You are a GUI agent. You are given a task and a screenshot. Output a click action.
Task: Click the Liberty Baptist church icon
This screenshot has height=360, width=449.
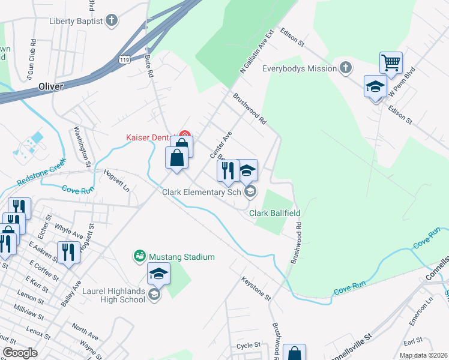[x=111, y=21]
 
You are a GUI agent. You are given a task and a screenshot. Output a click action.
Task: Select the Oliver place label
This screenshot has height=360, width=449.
[x=50, y=86]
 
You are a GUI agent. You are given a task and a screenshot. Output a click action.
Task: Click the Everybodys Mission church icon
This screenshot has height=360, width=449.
[x=346, y=68]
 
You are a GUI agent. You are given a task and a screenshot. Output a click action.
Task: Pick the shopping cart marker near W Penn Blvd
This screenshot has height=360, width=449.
[x=391, y=63]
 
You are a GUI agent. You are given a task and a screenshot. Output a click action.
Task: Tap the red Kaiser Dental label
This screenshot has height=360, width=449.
[x=150, y=137]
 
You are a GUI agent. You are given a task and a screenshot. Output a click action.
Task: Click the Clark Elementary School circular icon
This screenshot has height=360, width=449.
[x=250, y=192]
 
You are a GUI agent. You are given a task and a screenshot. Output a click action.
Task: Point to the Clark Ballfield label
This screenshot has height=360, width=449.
[x=275, y=213]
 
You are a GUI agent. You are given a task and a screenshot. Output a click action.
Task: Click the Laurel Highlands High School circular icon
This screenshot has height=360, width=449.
[x=154, y=294]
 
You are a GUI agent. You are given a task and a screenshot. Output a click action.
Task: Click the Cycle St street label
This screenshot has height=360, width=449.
[x=249, y=346]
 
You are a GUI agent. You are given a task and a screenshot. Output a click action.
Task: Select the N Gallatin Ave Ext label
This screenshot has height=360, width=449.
[x=256, y=52]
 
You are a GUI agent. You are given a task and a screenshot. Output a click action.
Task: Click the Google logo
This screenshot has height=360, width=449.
[x=20, y=353]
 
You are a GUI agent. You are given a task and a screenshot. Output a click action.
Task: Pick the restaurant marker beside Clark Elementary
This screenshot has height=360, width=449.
[x=228, y=170]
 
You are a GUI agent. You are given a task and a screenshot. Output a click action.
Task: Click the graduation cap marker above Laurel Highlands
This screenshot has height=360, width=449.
[x=158, y=274]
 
